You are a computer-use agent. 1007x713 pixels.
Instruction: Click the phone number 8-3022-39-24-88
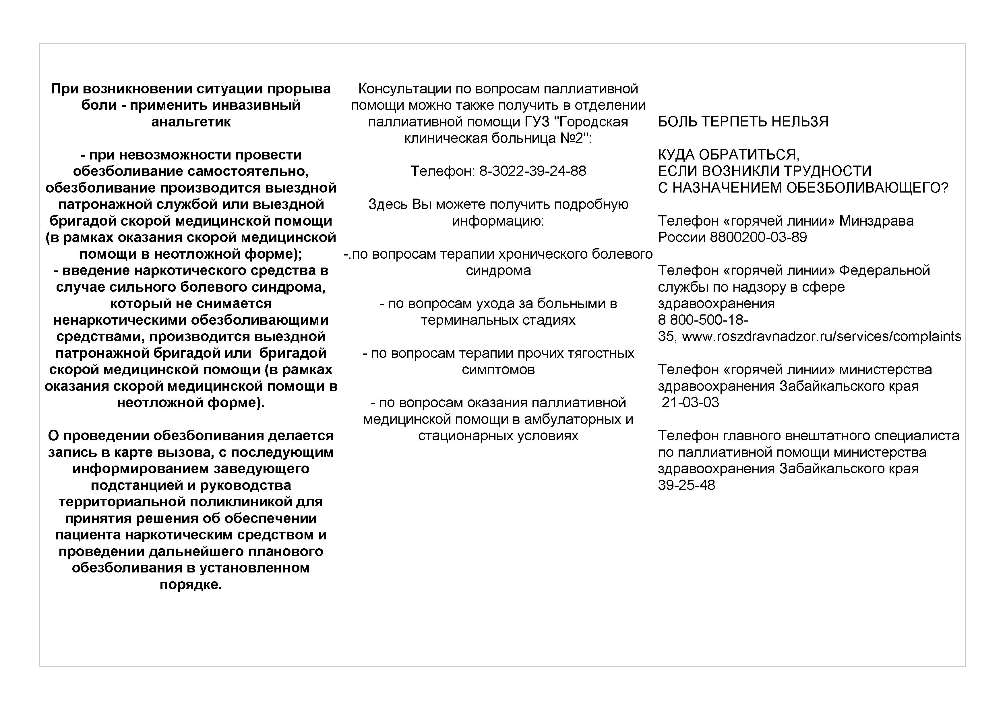point(532,171)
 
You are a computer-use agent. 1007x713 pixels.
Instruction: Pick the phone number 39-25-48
point(686,485)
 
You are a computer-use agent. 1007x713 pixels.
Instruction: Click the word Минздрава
point(876,221)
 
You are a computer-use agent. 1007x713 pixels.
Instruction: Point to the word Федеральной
point(884,270)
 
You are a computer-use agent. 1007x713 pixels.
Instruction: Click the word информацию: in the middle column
point(498,221)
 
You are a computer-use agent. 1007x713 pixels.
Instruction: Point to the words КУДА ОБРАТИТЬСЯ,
point(729,155)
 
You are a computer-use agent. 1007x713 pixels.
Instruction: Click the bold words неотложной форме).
point(191,403)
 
